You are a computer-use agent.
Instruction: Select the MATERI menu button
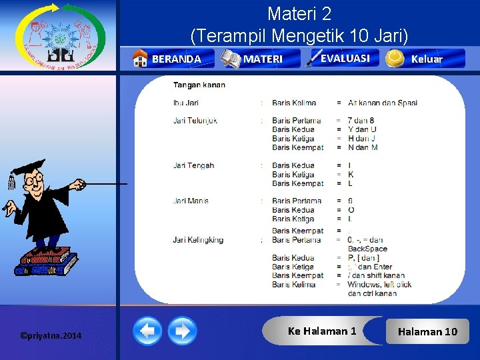pos(261,59)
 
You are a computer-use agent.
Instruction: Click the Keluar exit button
pos(425,59)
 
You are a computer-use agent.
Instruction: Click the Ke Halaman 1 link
pos(322,331)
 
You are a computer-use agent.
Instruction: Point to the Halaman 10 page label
pos(427,331)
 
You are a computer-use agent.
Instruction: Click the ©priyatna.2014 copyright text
pos(51,335)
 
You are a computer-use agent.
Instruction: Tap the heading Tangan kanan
pos(199,85)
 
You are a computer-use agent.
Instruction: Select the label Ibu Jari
pos(186,103)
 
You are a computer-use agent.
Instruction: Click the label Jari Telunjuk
pos(195,121)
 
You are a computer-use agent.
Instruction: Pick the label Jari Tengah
pos(193,165)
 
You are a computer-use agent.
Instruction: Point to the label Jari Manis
pos(191,201)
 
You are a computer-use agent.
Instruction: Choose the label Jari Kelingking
pos(198,240)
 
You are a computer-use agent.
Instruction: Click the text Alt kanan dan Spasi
pos(383,103)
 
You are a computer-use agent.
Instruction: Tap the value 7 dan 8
pos(362,121)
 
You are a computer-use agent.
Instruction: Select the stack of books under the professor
pos(47,262)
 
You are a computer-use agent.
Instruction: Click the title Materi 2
pos(299,13)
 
